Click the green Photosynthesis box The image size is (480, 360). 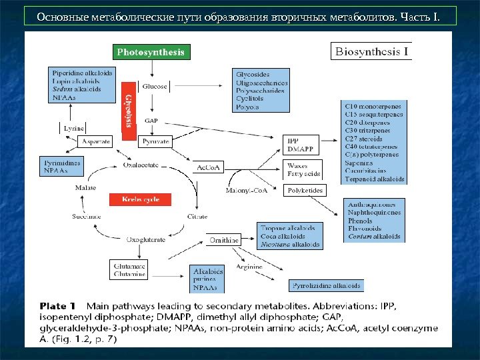tap(151, 52)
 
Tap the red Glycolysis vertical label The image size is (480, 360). tap(128, 110)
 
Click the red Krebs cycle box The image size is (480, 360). tap(139, 199)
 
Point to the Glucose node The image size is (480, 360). tap(155, 87)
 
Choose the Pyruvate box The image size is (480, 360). tap(155, 141)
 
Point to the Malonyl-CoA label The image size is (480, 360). tap(245, 191)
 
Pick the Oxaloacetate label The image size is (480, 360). tap(139, 165)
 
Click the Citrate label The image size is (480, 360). tap(197, 217)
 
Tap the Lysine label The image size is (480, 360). tap(73, 127)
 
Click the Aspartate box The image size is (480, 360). tap(94, 141)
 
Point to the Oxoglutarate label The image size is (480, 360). tap(146, 239)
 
